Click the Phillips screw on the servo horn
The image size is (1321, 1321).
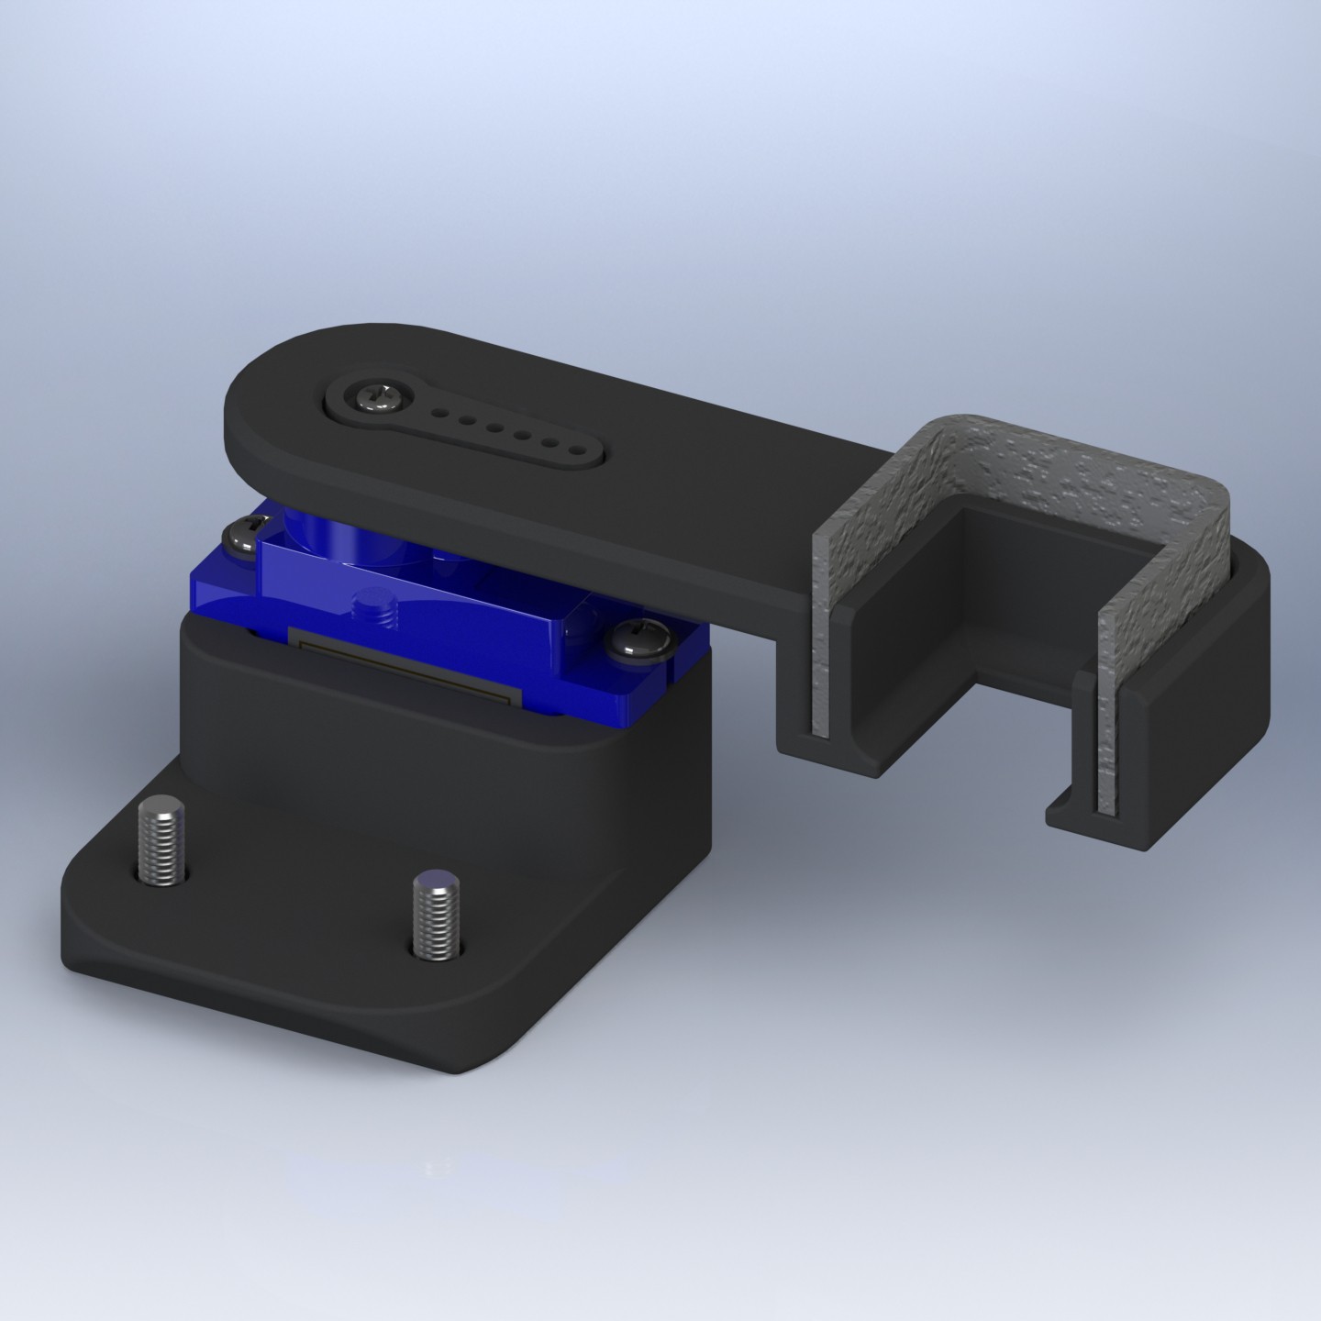pos(374,397)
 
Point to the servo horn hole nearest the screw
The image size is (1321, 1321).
pos(441,412)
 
